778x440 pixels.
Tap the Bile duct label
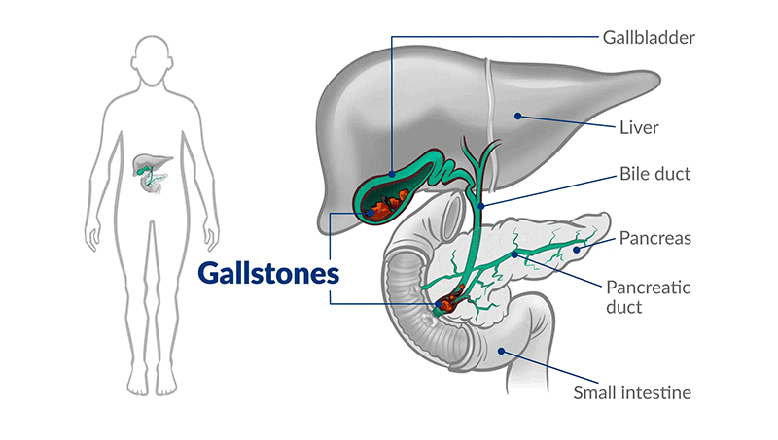(x=654, y=175)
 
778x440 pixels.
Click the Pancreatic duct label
(x=642, y=296)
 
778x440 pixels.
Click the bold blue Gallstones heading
(x=268, y=272)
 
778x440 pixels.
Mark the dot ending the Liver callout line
(x=519, y=117)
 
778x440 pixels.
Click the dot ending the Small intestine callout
(x=502, y=352)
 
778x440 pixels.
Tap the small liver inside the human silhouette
(x=146, y=159)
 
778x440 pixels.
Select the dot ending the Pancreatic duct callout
(x=514, y=254)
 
